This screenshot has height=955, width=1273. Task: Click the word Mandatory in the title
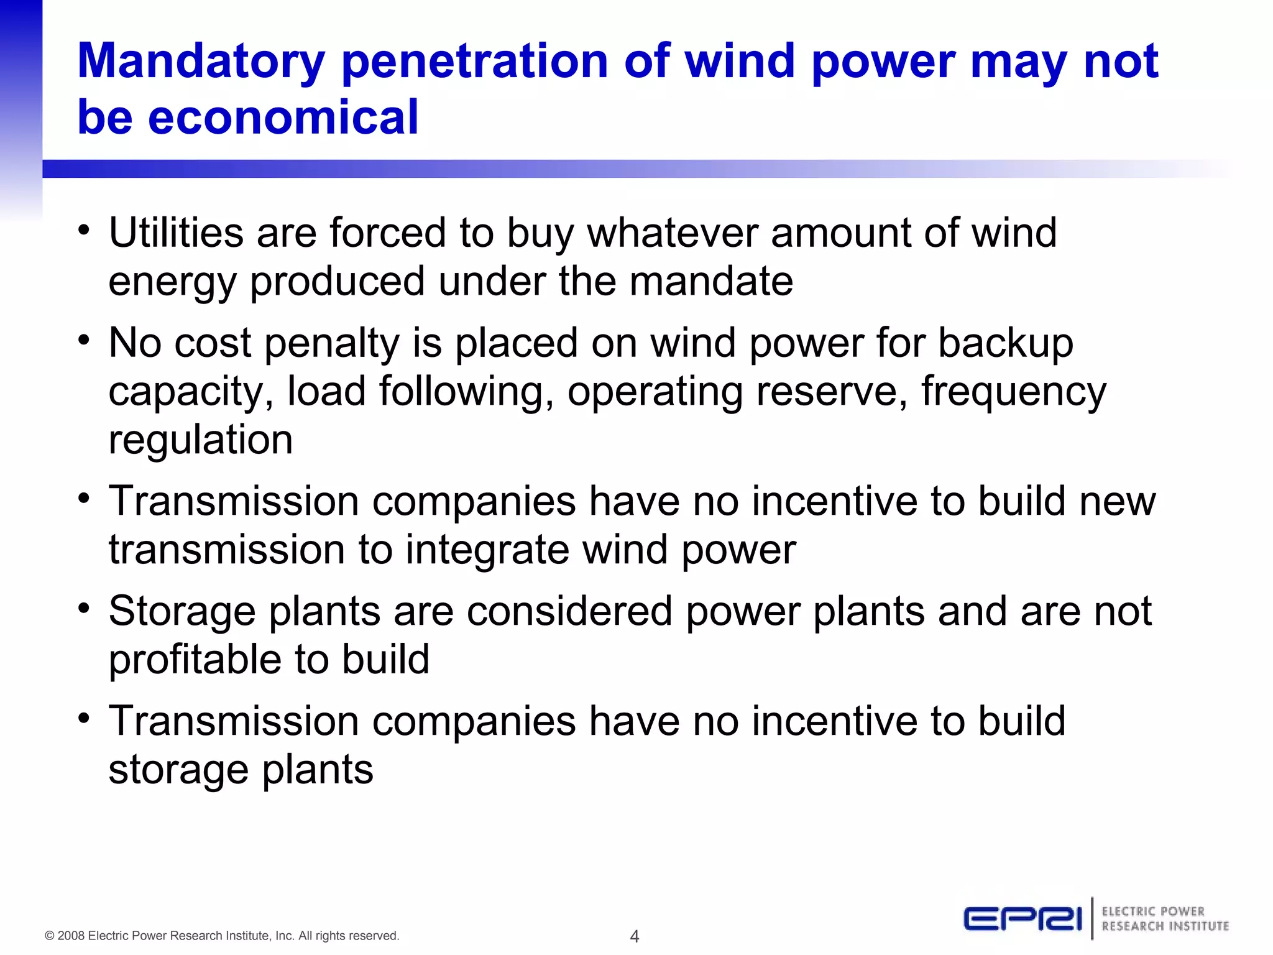pos(201,62)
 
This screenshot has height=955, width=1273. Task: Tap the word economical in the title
pos(283,117)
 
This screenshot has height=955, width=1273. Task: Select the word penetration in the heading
pos(475,61)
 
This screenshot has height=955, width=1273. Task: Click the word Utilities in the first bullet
pos(176,233)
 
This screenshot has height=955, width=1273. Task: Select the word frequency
pos(1014,392)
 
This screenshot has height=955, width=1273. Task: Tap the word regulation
pos(200,440)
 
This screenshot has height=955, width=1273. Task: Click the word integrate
pos(487,550)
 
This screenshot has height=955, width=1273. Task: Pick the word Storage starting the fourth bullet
pos(182,611)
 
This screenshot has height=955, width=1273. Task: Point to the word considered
pos(569,611)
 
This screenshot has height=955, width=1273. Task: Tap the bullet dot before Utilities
pos(84,231)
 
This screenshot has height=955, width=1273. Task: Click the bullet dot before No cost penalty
pos(84,341)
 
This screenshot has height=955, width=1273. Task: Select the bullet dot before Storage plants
pos(84,609)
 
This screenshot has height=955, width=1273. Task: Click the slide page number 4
pos(635,936)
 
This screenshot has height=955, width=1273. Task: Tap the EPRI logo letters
pos(1023,919)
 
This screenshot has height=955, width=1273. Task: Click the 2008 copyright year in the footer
pos(71,936)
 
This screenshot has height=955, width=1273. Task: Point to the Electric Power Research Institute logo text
pos(1165,919)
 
